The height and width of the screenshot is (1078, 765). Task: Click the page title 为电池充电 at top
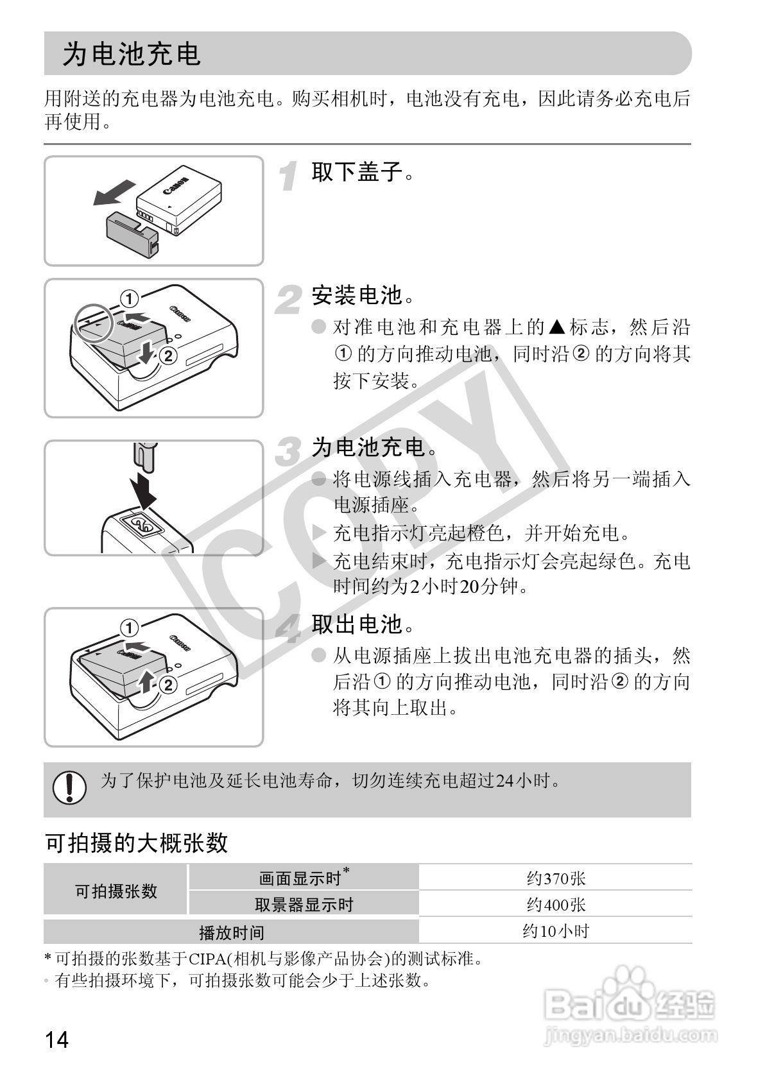tap(132, 55)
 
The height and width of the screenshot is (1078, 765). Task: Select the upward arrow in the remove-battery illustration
tap(147, 683)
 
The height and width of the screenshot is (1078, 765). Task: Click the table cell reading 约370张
tap(556, 878)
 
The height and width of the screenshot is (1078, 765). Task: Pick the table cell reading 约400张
tap(556, 905)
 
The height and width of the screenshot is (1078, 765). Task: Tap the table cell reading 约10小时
tap(556, 931)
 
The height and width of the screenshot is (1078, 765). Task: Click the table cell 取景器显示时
tap(304, 905)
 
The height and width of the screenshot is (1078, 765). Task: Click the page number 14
tap(56, 1039)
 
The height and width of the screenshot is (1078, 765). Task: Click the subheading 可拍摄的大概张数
tap(137, 843)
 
